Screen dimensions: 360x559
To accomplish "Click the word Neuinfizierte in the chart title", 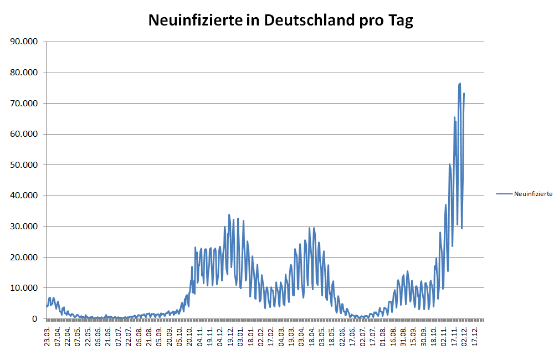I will [x=195, y=20].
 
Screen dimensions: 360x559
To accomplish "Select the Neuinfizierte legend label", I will [x=533, y=194].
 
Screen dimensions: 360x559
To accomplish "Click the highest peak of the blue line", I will [x=460, y=84].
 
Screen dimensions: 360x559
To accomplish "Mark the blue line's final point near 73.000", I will [x=464, y=93].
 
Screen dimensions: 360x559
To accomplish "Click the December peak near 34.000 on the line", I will [x=229, y=215].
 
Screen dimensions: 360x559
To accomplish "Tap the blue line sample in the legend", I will [x=504, y=194].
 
